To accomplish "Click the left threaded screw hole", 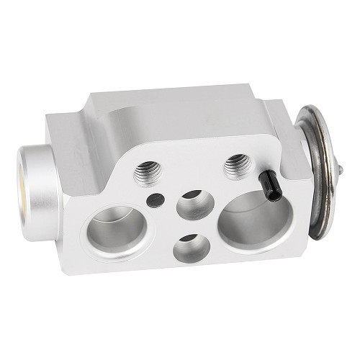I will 147,171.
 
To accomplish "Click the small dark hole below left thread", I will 153,199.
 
